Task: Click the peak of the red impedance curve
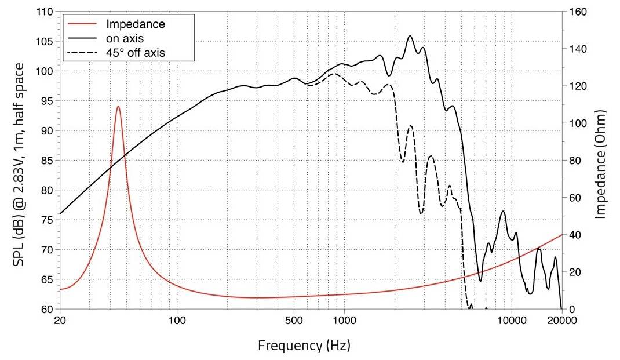pyautogui.click(x=118, y=107)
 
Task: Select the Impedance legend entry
pyautogui.click(x=136, y=24)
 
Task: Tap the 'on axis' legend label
pyautogui.click(x=125, y=38)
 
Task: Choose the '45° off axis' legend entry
pyautogui.click(x=136, y=53)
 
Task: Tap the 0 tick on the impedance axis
pyautogui.click(x=571, y=309)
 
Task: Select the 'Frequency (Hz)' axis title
pyautogui.click(x=304, y=346)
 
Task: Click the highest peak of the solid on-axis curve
pyautogui.click(x=410, y=36)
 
